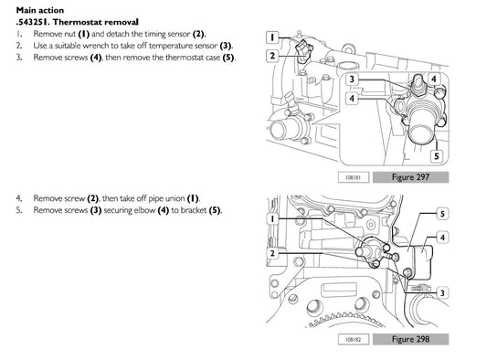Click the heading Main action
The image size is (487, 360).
tap(40, 10)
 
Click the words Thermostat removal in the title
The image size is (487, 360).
tap(96, 22)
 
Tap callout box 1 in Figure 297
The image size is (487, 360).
tap(272, 37)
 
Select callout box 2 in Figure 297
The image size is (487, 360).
tap(272, 56)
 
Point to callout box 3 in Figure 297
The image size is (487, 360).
tap(352, 79)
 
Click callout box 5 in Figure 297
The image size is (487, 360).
tap(437, 155)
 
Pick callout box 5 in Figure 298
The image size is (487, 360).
tap(442, 214)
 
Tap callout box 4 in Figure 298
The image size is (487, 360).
tap(442, 238)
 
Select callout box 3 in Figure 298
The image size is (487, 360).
tap(442, 292)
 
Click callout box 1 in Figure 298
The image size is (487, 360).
tap(272, 218)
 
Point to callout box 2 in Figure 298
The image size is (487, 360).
tap(272, 253)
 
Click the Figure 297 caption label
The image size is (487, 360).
tap(410, 177)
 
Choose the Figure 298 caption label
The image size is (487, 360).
tap(410, 339)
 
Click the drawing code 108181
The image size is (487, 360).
tap(354, 177)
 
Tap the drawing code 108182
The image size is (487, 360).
tap(354, 339)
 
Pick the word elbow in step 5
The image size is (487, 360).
tap(144, 210)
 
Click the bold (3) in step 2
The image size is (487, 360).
tap(226, 46)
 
